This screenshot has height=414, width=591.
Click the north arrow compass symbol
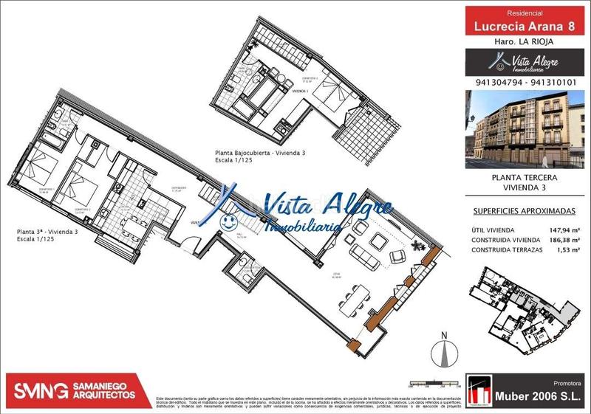[443, 350]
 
